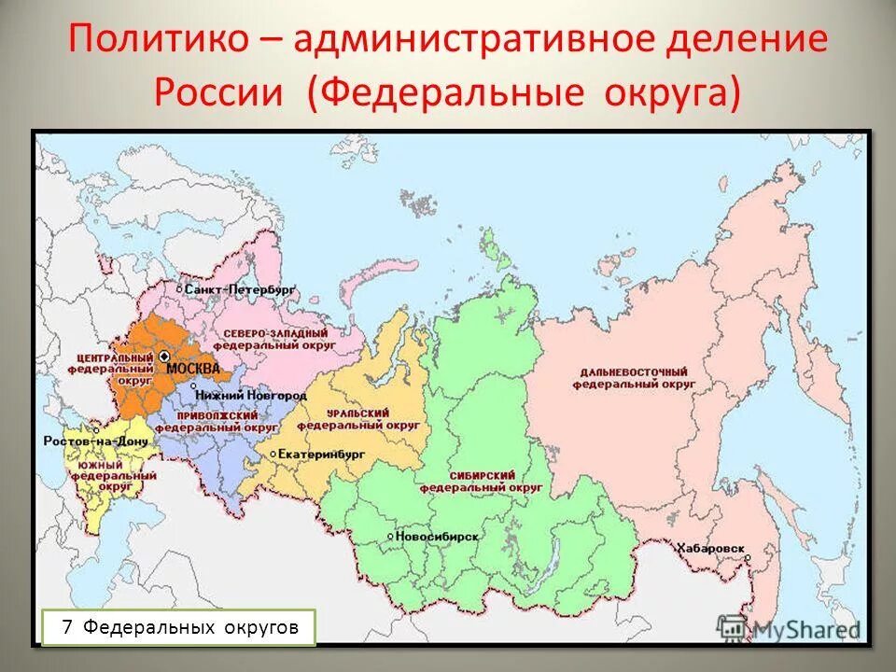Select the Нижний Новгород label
239,396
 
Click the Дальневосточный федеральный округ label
634,377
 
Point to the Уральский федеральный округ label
359,418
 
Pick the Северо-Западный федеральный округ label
275,340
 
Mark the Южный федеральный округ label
101,475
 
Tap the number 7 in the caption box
67,628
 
